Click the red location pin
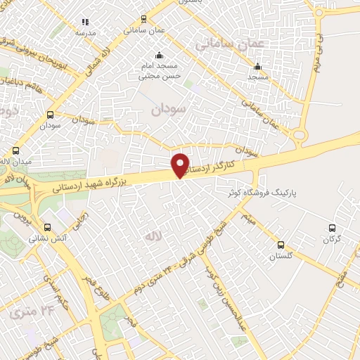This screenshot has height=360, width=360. (181, 165)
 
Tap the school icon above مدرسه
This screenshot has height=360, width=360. (86, 22)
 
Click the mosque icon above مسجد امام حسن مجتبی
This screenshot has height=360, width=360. (160, 56)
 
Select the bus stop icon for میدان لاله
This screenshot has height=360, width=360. (16, 150)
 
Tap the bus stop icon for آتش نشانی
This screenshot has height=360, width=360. (48, 227)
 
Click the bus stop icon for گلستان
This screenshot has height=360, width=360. (281, 245)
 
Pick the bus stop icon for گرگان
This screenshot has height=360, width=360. (333, 227)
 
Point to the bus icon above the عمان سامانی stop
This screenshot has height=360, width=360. (144, 20)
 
